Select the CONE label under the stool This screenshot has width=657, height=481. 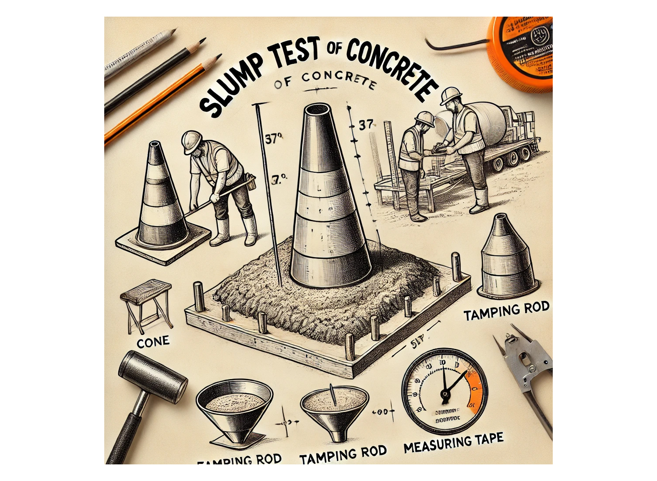tap(153, 341)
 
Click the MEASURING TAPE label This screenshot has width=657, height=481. tap(453, 443)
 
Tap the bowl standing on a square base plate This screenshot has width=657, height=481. tap(234, 404)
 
